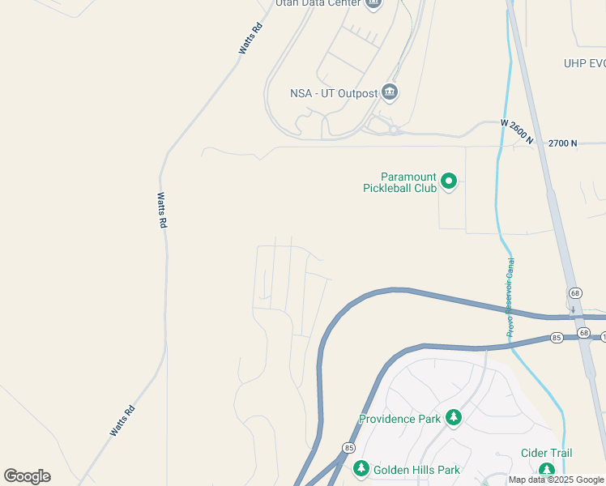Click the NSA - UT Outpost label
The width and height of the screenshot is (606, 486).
(x=334, y=93)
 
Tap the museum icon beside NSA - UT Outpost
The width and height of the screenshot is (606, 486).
(x=390, y=92)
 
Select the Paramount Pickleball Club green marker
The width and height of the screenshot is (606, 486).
(x=450, y=181)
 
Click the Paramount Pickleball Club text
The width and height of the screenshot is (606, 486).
(x=399, y=182)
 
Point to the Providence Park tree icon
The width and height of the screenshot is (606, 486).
(x=454, y=418)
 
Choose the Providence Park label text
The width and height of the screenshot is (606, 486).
(x=400, y=419)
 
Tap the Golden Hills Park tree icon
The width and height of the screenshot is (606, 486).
(x=361, y=468)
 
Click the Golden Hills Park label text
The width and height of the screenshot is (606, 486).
(x=416, y=470)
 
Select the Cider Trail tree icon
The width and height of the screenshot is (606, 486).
(x=547, y=469)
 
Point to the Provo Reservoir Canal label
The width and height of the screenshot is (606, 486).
(x=510, y=297)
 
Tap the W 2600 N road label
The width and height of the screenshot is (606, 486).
(x=517, y=132)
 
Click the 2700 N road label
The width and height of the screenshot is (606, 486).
(x=562, y=143)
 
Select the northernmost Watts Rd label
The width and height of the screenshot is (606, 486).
(x=251, y=38)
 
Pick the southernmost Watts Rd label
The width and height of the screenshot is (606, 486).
(x=122, y=421)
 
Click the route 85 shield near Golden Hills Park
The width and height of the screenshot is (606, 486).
(x=349, y=447)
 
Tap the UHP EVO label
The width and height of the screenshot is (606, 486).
(x=585, y=63)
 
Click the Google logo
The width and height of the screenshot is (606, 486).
(x=28, y=476)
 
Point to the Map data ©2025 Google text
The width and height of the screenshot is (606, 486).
(x=557, y=480)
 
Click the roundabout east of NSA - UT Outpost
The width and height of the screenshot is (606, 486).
(x=393, y=130)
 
